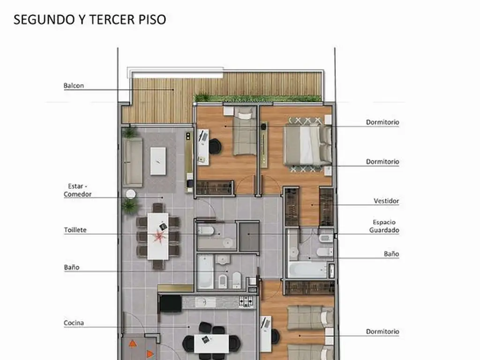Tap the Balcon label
[74, 86]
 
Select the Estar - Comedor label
[77, 190]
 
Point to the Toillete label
[75, 230]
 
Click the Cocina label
[74, 322]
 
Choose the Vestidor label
[386, 201]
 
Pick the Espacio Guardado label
[384, 226]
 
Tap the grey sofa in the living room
[133, 162]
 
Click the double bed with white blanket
[307, 146]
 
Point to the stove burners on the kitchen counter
[246, 301]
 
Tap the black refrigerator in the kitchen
[171, 303]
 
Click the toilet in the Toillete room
[206, 230]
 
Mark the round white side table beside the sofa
[131, 194]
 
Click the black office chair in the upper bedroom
[215, 146]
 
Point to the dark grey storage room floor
[249, 237]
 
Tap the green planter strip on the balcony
[258, 98]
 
